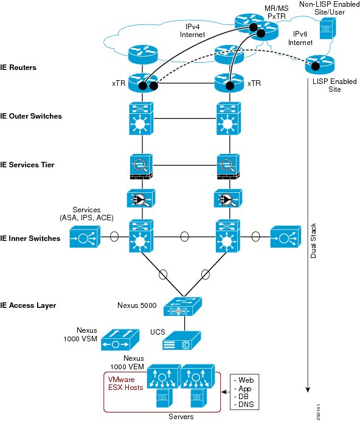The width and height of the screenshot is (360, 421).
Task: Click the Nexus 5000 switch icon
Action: click(x=182, y=307)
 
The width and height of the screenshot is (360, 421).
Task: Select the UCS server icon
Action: click(x=181, y=341)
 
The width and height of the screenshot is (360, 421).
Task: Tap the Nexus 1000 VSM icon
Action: click(x=120, y=340)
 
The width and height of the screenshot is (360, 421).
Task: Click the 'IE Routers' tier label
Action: click(x=18, y=68)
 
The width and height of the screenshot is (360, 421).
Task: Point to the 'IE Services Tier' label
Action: click(x=27, y=165)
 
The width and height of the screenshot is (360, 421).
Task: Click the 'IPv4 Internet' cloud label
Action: click(x=192, y=30)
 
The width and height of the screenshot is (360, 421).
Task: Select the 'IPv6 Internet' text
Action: click(x=300, y=38)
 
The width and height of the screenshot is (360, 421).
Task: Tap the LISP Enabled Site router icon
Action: click(x=320, y=64)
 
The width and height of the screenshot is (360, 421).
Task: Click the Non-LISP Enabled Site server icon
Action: click(x=328, y=28)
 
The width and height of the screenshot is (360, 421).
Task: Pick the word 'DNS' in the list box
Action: click(x=246, y=404)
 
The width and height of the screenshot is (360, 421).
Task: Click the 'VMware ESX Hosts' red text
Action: click(x=125, y=383)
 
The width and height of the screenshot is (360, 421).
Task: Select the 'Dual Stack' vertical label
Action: click(x=313, y=241)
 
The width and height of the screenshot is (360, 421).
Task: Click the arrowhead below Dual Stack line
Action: click(x=308, y=390)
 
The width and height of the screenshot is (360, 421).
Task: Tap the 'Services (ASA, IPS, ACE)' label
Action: click(x=86, y=214)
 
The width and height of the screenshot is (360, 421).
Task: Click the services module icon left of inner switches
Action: click(x=85, y=237)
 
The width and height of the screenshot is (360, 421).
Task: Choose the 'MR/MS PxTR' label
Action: click(x=277, y=12)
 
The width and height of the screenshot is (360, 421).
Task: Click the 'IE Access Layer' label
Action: click(x=28, y=305)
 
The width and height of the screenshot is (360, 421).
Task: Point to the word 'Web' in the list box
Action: click(x=246, y=380)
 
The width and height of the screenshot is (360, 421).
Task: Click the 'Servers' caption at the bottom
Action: click(x=181, y=417)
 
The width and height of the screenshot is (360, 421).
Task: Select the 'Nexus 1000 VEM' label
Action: click(x=127, y=363)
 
